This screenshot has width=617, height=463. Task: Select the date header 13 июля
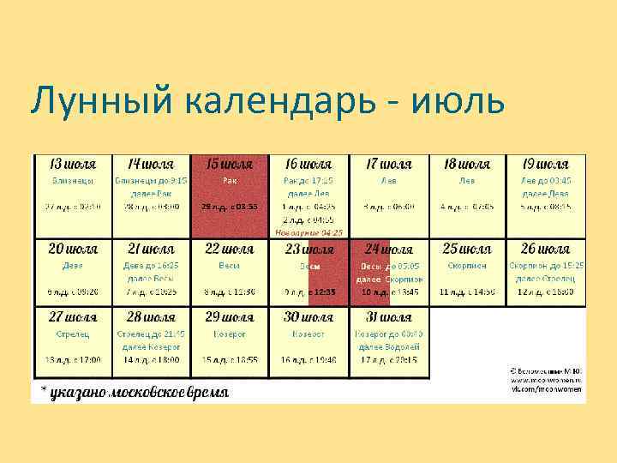coord(72,164)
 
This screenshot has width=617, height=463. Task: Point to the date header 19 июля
coord(545,164)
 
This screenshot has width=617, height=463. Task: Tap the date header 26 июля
coord(545,249)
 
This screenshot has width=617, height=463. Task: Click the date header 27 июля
coord(72,316)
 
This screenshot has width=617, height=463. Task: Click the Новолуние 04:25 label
coord(308,232)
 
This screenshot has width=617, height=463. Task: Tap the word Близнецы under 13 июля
coord(72,181)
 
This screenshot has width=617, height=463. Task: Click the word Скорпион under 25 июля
coord(467,266)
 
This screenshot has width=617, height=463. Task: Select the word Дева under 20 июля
coord(72,266)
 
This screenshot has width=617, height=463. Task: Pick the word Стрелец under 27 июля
coord(72,334)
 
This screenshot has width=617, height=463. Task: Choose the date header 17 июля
coord(387,164)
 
